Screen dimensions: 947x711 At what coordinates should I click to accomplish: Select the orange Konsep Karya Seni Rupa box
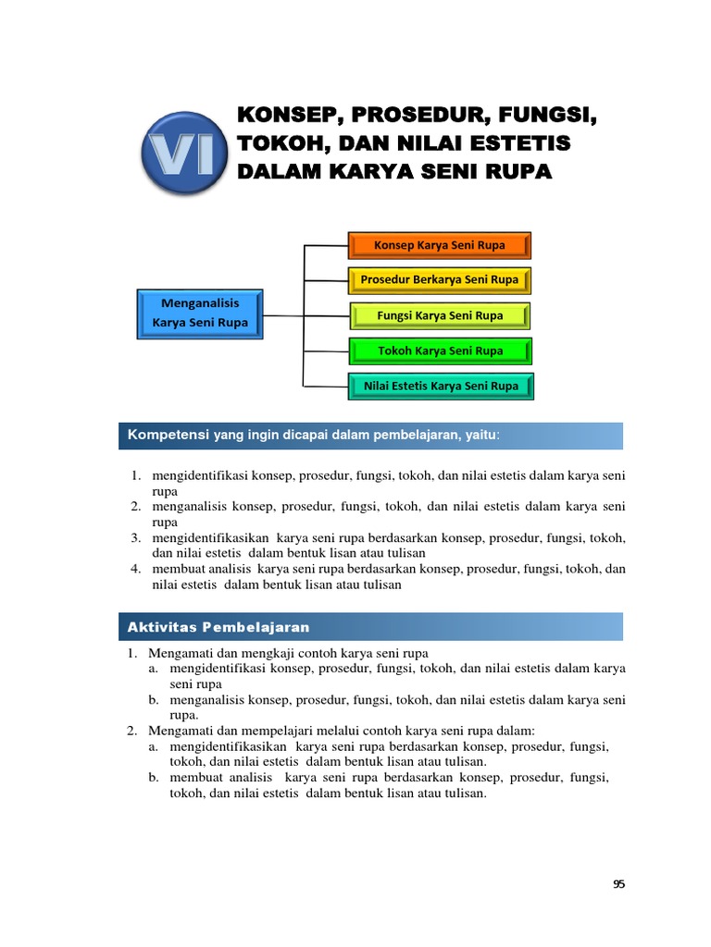point(440,245)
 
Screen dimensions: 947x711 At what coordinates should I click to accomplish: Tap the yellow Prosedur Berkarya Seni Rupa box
point(440,279)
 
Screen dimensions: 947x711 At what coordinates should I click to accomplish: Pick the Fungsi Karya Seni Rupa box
point(440,315)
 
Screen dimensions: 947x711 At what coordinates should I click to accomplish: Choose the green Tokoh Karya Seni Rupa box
point(440,351)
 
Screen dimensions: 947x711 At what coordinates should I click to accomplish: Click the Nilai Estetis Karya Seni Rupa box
point(440,386)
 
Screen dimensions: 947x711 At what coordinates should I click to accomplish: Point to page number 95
point(619,884)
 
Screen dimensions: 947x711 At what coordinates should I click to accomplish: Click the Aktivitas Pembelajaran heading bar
point(370,626)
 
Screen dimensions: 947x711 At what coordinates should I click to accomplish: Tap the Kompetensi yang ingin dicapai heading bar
point(370,435)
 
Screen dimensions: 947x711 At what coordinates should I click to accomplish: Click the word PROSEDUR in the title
point(411,117)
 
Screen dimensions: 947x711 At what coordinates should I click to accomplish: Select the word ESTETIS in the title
point(520,144)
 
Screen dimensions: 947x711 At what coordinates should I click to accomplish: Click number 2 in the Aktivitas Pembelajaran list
point(131,731)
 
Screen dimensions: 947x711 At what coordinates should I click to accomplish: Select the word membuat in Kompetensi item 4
point(173,569)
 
